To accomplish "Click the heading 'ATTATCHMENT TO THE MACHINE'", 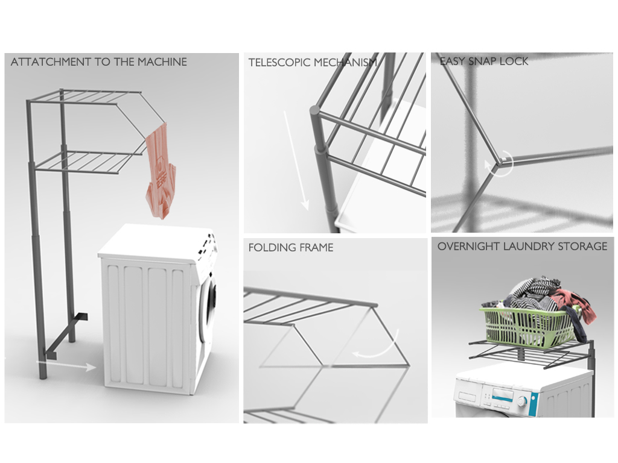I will point(99,62).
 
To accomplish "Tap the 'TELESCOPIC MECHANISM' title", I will point(313,62).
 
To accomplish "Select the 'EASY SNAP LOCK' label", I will point(484,61).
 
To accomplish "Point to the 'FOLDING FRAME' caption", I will point(291,247).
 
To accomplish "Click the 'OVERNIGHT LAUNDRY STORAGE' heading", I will point(523,247).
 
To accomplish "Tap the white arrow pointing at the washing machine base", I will point(66,365).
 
